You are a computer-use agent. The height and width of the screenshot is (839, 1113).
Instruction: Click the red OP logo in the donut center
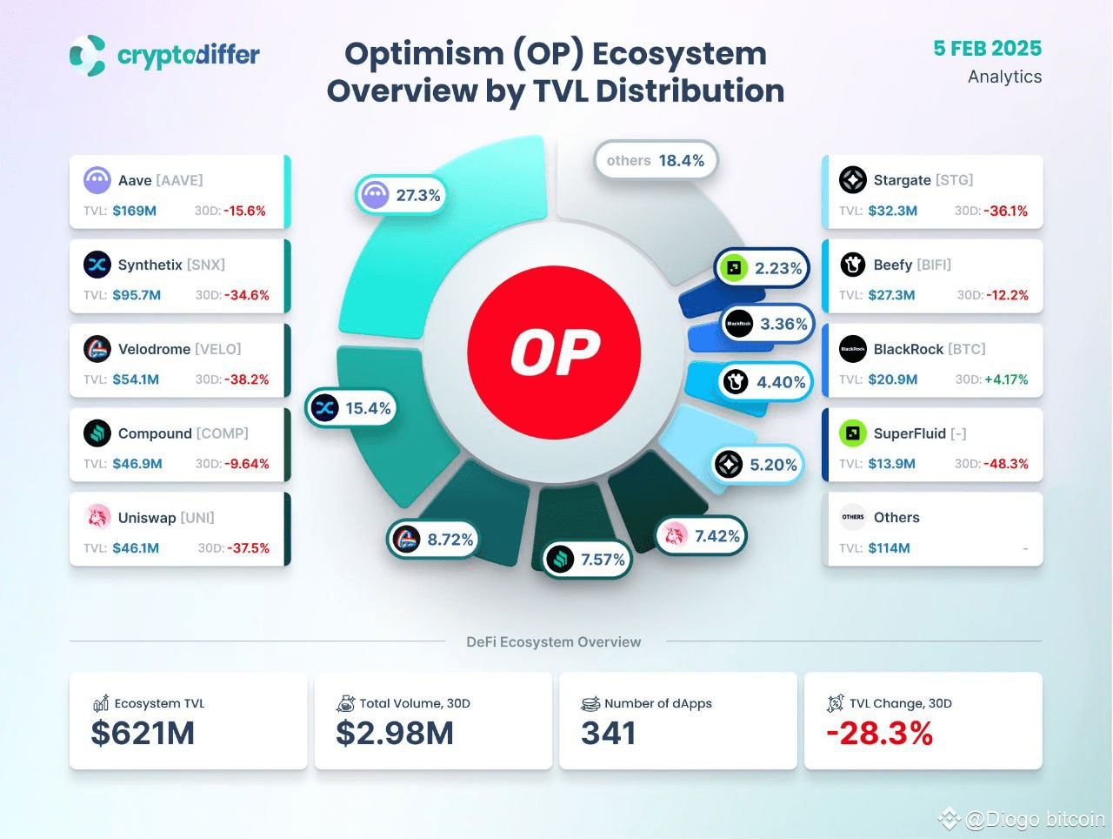[x=554, y=352]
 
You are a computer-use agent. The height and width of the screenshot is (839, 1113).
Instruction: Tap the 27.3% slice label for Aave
[x=400, y=195]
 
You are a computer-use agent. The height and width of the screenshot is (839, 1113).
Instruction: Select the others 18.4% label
[x=656, y=160]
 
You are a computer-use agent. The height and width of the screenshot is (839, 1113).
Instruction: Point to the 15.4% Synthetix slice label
[x=351, y=408]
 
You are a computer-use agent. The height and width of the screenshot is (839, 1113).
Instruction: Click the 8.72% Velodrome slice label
[x=433, y=540]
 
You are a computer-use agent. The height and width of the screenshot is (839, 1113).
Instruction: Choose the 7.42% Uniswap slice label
[x=702, y=536]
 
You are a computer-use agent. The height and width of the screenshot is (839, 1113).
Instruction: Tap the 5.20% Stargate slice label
[x=756, y=465]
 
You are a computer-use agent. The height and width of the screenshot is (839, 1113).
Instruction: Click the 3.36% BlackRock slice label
[x=767, y=324]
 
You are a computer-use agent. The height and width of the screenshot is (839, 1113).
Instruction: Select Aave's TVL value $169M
[x=134, y=211]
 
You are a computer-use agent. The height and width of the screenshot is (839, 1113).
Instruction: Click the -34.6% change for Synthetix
[x=247, y=295]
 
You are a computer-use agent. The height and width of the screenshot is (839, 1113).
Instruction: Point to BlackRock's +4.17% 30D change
[x=1006, y=379]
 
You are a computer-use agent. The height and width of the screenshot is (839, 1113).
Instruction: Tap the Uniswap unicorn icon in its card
[x=97, y=517]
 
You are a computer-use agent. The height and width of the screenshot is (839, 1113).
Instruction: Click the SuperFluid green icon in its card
[x=852, y=433]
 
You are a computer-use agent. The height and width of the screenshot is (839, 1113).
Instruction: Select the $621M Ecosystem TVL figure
[x=143, y=734]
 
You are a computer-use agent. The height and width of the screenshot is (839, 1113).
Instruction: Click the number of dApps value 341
[x=609, y=734]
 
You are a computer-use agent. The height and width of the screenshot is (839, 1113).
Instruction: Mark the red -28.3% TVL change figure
[x=879, y=734]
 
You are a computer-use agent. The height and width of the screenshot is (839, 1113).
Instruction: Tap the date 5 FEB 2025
[x=987, y=49]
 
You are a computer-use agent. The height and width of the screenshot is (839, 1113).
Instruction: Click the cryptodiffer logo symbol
[x=88, y=56]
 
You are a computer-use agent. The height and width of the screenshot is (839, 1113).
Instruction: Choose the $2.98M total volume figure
[x=395, y=734]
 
